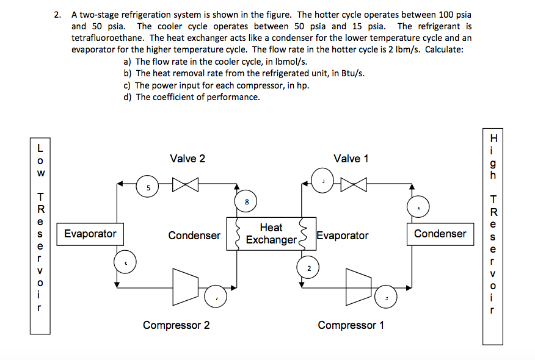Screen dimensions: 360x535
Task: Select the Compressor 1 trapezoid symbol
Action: coord(359,282)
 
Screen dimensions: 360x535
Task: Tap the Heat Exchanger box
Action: coord(271,234)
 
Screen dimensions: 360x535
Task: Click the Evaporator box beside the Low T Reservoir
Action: coord(90,234)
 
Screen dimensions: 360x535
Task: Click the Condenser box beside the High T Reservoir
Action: coord(440,234)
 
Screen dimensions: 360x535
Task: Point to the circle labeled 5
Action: coord(147,187)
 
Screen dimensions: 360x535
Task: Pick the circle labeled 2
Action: coord(309,268)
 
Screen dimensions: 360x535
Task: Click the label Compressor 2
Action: coord(176,325)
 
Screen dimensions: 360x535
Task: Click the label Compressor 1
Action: coord(351,325)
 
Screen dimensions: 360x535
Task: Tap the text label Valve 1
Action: coord(351,159)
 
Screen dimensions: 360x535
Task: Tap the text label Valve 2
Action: coord(187,159)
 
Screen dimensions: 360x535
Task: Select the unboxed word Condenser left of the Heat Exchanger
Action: coord(194,236)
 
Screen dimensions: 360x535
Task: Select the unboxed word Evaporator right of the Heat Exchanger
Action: coord(343,236)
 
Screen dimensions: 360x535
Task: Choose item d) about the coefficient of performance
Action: coord(191,97)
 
